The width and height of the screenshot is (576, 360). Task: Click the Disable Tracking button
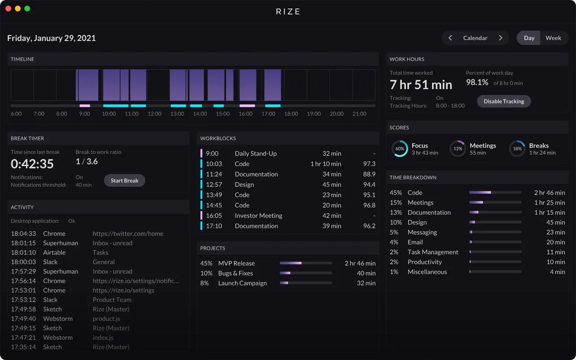click(504, 101)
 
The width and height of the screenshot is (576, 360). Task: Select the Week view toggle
click(553, 38)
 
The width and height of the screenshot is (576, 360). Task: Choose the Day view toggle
click(529, 38)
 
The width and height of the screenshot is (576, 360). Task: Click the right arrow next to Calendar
click(500, 38)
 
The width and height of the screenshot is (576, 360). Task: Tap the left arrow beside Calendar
click(450, 38)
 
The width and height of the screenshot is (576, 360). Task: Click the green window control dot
click(27, 9)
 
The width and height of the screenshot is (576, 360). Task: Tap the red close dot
click(8, 9)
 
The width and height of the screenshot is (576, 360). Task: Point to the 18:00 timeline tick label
click(291, 114)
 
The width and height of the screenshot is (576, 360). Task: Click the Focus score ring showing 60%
click(399, 149)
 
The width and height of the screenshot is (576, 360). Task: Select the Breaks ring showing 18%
click(517, 149)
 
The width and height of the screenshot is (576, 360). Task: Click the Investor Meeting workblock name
click(258, 216)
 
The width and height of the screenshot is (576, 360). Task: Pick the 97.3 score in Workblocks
click(369, 164)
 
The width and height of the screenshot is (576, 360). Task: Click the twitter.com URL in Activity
click(128, 234)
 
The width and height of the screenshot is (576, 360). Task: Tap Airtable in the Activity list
click(54, 252)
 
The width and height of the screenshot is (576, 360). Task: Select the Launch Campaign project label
click(242, 283)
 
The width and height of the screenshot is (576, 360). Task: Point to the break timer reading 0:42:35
click(32, 164)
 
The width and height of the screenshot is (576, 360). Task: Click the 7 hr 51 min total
click(420, 85)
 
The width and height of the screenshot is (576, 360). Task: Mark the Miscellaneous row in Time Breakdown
click(427, 272)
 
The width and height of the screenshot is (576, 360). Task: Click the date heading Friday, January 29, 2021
click(51, 38)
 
